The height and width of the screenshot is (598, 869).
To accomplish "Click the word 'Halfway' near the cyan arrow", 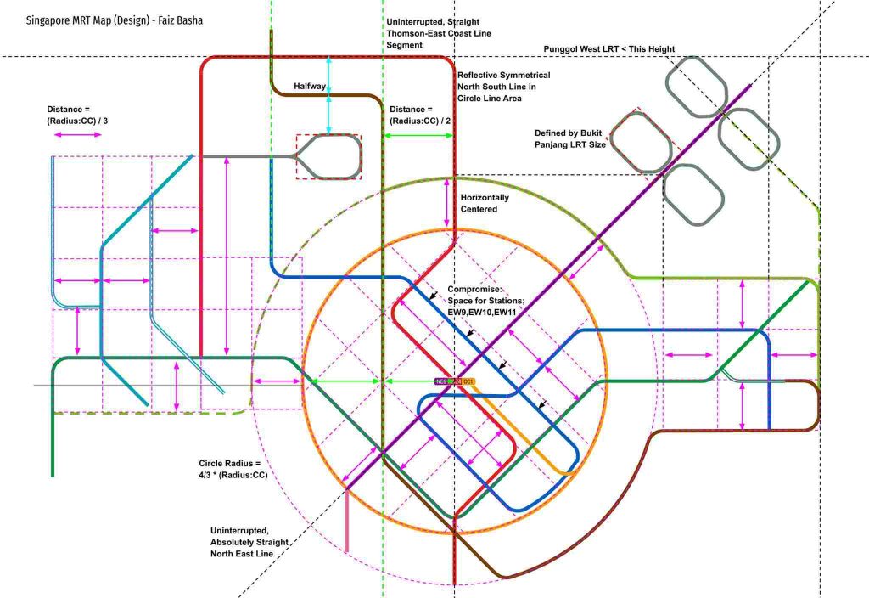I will [x=311, y=87].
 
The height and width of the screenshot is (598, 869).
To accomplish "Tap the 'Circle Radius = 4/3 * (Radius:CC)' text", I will [x=233, y=469].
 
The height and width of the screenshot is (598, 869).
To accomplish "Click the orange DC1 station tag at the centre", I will [x=468, y=382].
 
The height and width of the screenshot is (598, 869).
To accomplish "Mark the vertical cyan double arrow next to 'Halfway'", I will [x=329, y=94].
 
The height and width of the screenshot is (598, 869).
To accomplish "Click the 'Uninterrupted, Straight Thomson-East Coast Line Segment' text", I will [x=438, y=31].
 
